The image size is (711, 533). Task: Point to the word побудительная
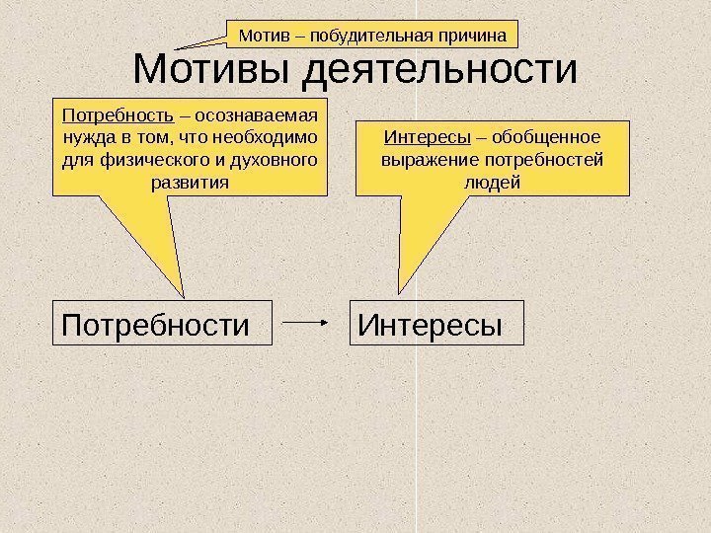(x=374, y=37)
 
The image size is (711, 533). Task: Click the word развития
(x=188, y=183)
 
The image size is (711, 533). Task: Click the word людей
(x=491, y=183)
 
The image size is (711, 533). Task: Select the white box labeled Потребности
(x=161, y=324)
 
